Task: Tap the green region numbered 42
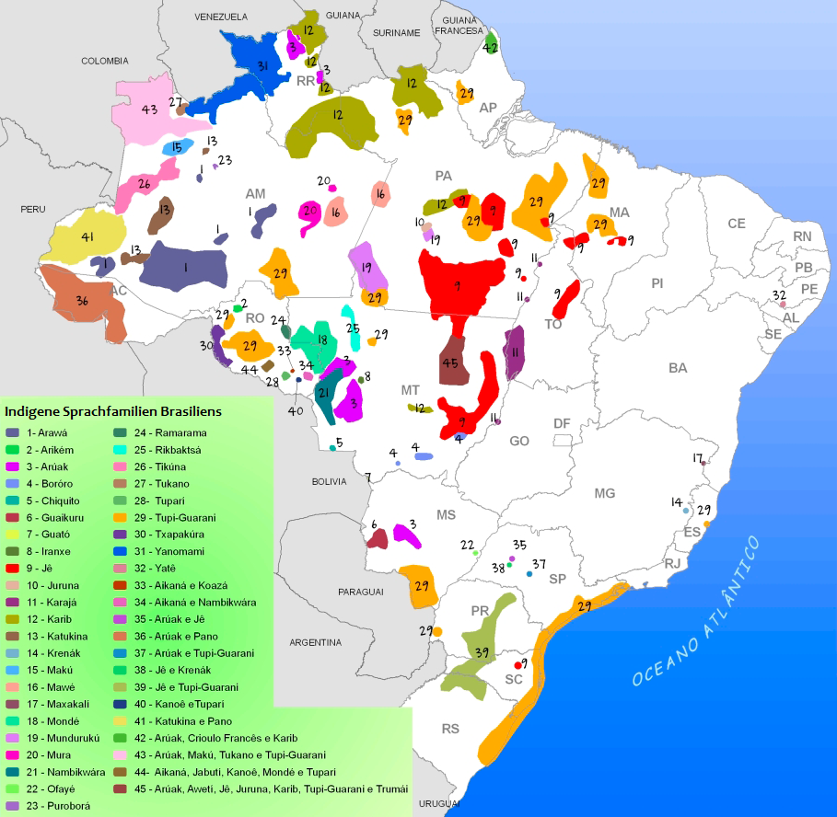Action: point(491,44)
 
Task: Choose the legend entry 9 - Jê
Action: point(37,568)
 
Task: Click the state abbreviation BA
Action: point(678,367)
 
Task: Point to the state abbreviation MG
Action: point(604,493)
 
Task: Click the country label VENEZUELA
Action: point(221,17)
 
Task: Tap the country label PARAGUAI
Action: point(360,593)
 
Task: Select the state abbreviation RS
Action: point(449,729)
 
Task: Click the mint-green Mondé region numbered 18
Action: point(320,342)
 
